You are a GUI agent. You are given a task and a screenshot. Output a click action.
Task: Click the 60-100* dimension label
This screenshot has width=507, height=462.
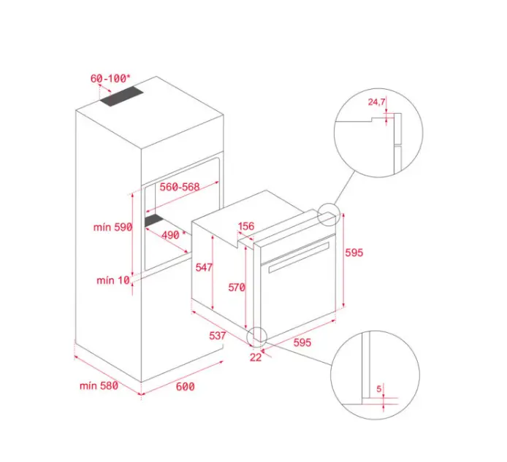click(x=110, y=79)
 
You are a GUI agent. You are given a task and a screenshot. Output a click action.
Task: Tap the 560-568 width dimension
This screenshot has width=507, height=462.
click(x=180, y=187)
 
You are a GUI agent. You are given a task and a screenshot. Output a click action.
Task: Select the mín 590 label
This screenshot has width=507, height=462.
click(x=113, y=227)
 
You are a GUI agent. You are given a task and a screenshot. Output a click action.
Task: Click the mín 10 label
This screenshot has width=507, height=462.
click(x=113, y=280)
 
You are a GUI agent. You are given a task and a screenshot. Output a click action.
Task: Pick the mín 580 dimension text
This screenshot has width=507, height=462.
click(x=99, y=385)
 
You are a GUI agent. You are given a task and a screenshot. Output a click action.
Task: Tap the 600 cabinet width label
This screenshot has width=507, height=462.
click(x=186, y=386)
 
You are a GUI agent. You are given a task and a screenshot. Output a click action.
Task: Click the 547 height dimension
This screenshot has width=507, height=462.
click(x=204, y=267)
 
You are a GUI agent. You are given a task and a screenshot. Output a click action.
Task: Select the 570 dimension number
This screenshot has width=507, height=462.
click(x=237, y=288)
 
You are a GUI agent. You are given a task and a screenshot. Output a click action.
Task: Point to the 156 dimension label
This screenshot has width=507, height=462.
click(x=246, y=226)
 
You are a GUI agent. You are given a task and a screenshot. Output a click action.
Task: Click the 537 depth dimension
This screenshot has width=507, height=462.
click(x=217, y=336)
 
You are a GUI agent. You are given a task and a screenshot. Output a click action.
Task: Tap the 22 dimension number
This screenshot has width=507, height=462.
click(x=256, y=357)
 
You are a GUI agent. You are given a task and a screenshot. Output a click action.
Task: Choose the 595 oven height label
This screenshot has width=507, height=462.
click(x=354, y=253)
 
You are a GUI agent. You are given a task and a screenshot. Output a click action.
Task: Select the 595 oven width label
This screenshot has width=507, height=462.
click(x=302, y=342)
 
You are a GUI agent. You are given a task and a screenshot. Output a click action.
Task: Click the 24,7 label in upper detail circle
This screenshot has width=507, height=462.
click(x=376, y=102)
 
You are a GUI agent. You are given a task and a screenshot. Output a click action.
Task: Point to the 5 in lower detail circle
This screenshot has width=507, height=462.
click(x=379, y=389)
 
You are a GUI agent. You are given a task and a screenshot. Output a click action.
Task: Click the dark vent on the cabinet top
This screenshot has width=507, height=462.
click(x=121, y=96)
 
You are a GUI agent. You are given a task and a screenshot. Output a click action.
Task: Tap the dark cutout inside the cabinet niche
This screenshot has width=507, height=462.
click(x=154, y=220)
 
